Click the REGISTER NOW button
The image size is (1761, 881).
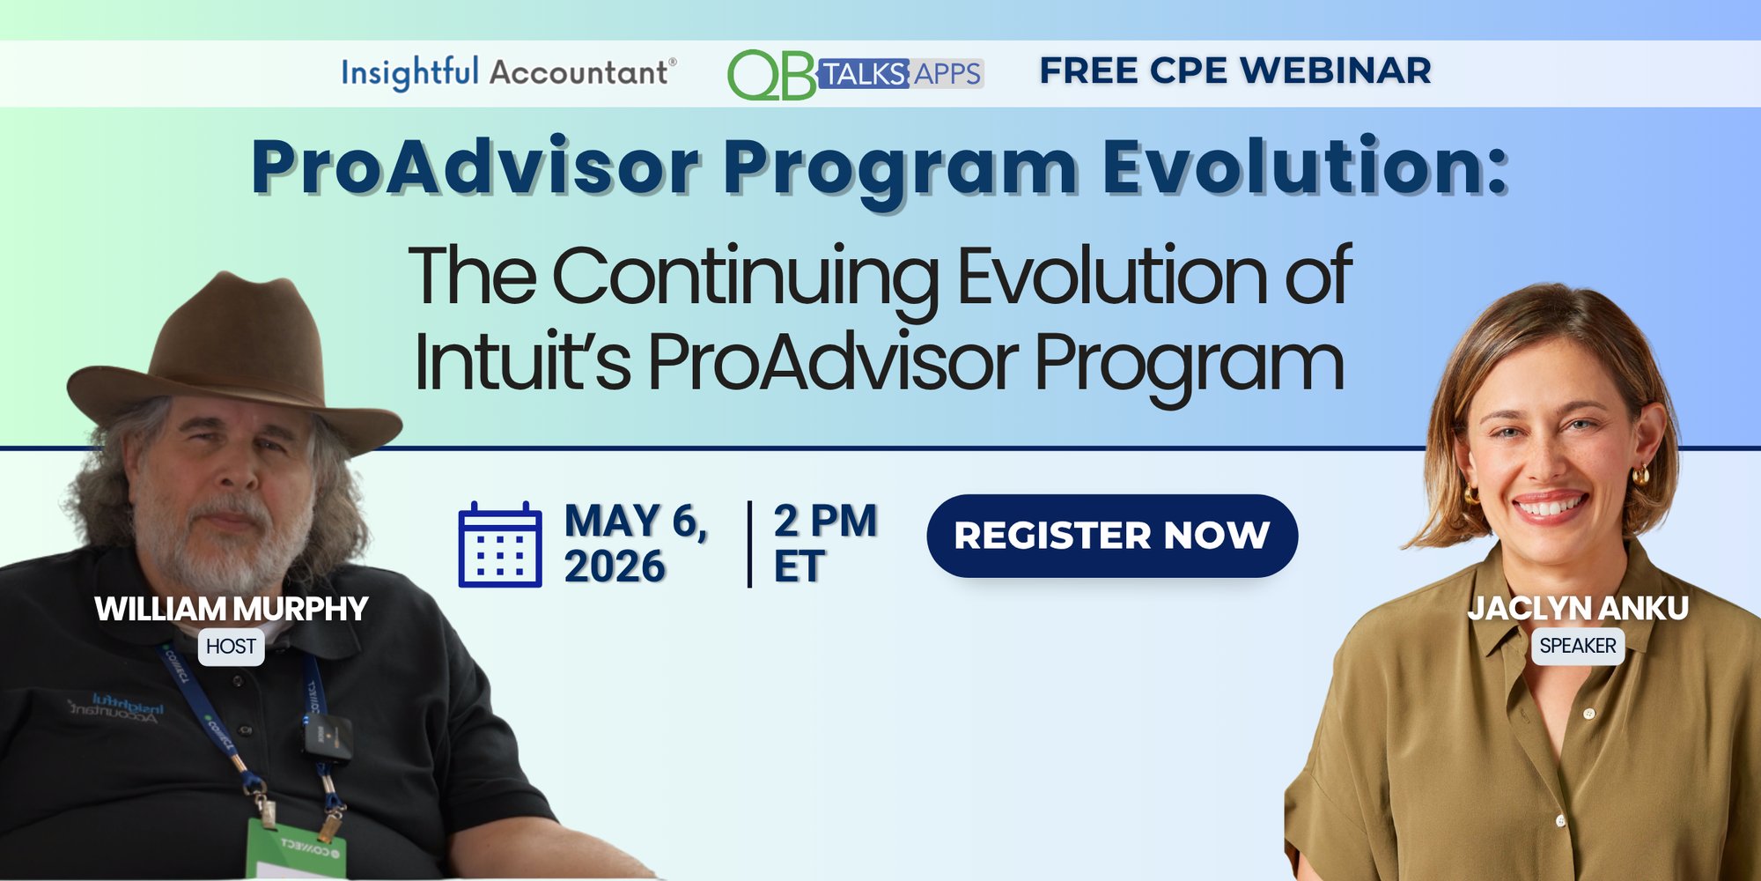point(1111,536)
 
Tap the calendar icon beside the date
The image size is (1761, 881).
point(499,544)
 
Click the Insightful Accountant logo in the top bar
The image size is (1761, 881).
point(508,72)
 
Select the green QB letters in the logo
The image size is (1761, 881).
point(771,75)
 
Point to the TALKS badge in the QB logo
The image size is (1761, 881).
point(864,74)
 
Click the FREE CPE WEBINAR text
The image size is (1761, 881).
point(1234,70)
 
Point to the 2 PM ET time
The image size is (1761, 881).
point(824,543)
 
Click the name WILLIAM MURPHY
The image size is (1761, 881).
point(231,609)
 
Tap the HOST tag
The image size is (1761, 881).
point(231,647)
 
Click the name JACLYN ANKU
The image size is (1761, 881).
point(1577,608)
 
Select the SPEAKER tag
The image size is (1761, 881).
point(1577,646)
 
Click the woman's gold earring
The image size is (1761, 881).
point(1639,476)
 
